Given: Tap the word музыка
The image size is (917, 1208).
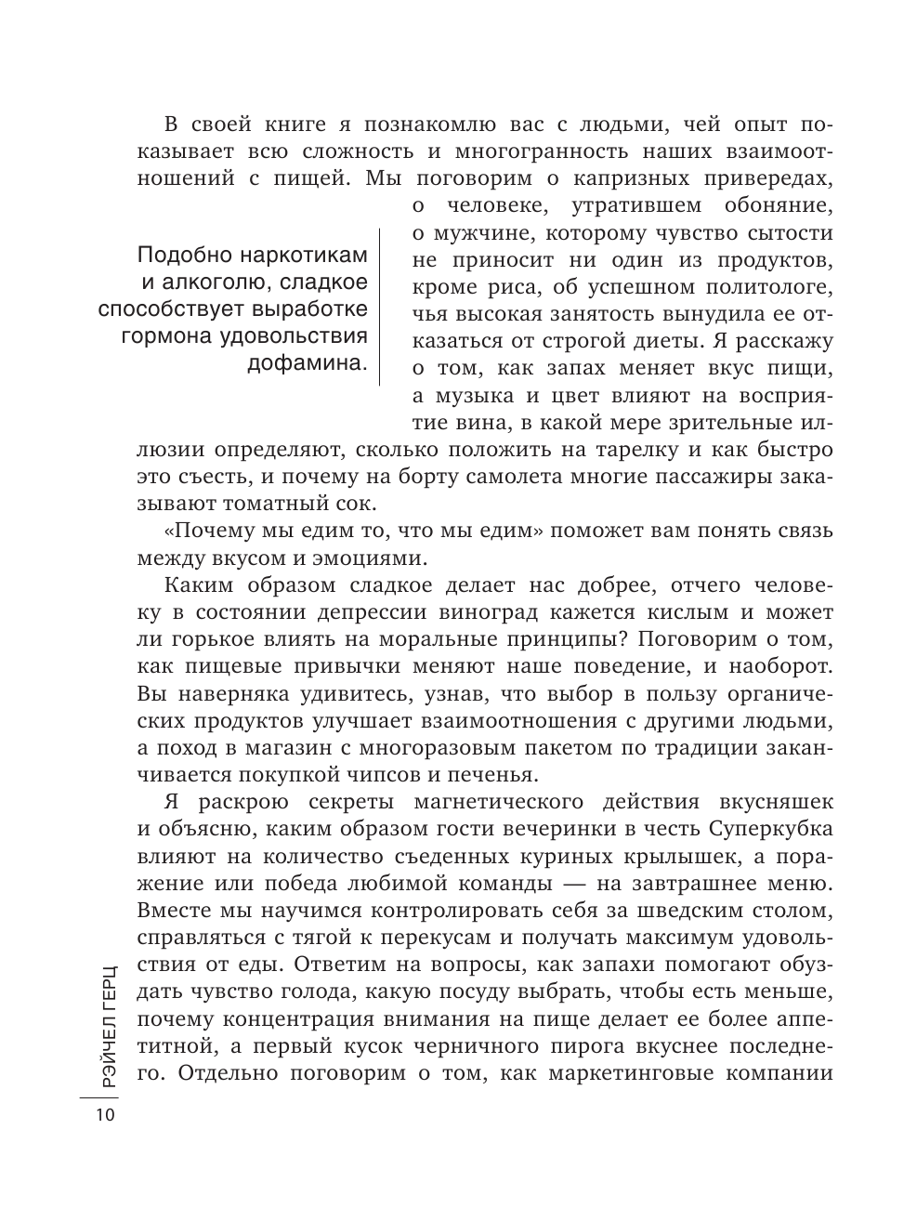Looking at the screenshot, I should click(461, 395).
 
